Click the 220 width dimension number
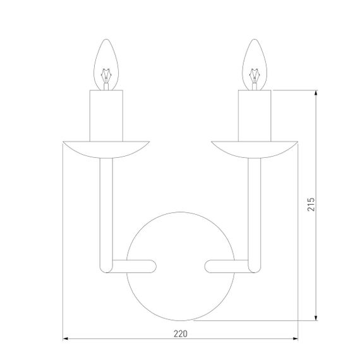181,333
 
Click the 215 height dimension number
311,204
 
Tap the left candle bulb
106,65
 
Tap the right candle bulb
255,65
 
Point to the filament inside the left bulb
106,76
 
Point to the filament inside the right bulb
255,76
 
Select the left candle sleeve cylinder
106,116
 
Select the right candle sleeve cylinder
255,116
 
